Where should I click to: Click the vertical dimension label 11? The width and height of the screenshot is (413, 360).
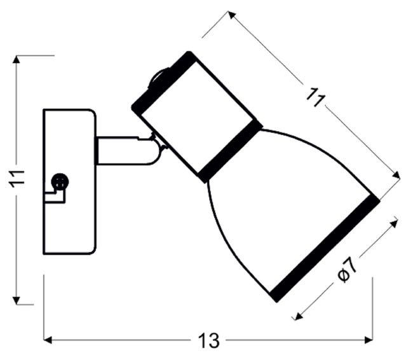(17, 179)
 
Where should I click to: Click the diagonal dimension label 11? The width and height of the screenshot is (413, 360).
(316, 98)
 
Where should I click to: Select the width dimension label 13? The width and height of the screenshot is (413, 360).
(208, 341)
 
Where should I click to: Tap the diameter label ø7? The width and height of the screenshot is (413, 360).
(348, 270)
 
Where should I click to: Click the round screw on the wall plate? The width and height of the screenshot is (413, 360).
(60, 182)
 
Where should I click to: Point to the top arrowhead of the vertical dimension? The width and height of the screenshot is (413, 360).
(17, 60)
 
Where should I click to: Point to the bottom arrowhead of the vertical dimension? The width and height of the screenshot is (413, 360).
(17, 300)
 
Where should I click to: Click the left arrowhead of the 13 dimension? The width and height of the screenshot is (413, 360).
(48, 340)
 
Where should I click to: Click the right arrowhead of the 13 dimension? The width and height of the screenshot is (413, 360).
(369, 340)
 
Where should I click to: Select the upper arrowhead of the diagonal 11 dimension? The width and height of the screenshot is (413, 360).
(231, 15)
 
